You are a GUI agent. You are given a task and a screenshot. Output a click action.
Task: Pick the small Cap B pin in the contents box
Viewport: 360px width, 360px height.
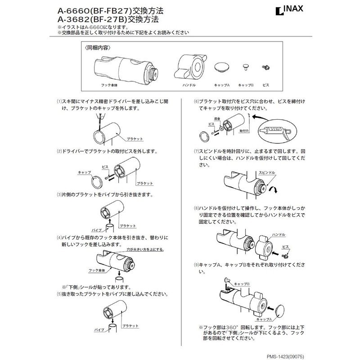246,67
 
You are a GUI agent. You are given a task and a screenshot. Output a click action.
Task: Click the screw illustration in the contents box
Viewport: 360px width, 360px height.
265,67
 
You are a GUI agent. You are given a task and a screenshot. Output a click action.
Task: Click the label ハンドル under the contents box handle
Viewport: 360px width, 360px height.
189,85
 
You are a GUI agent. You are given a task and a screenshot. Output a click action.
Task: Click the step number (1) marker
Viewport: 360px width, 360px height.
59,102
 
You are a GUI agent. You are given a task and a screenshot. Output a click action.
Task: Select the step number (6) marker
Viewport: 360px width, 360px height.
196,102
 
